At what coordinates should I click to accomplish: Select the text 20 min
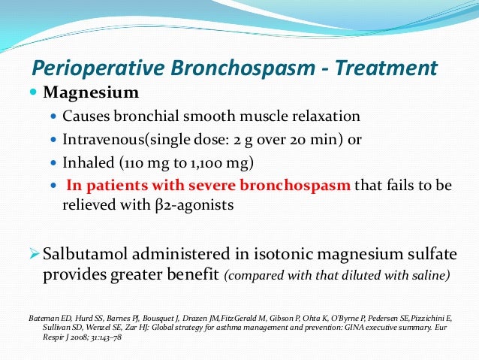point(313,139)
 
